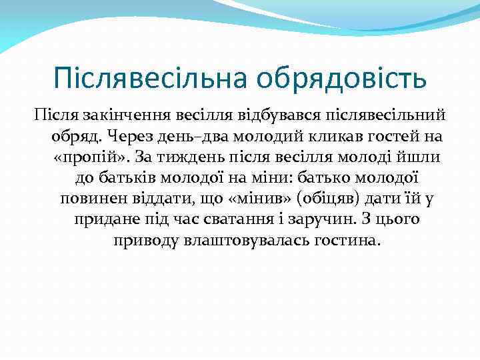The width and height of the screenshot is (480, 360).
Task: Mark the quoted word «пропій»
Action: [91, 157]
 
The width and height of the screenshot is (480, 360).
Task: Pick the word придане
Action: [104, 220]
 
